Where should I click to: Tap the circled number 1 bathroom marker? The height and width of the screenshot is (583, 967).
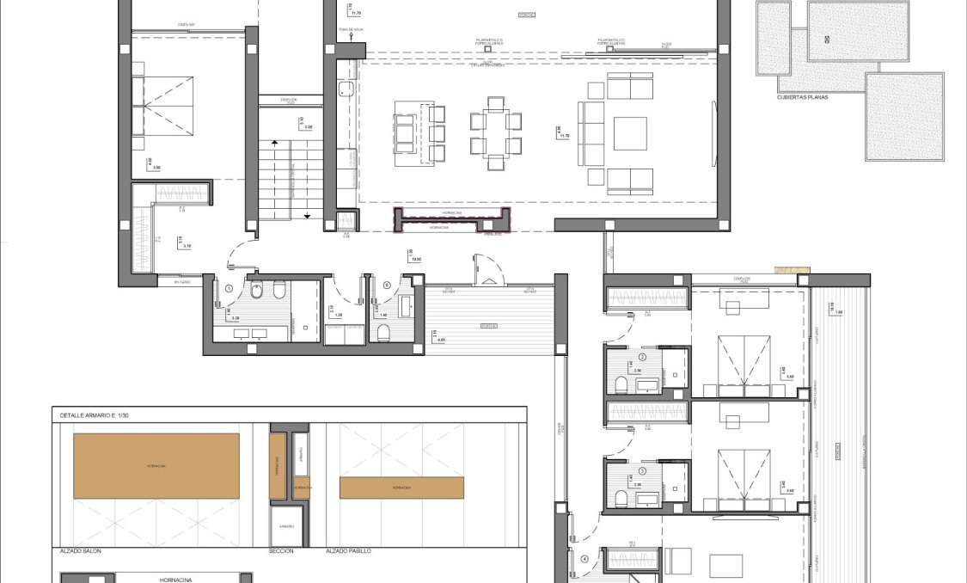pyautogui.click(x=230, y=289)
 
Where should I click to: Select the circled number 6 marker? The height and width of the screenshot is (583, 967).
pyautogui.click(x=387, y=285)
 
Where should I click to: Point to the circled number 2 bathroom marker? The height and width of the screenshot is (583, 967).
pyautogui.click(x=641, y=357)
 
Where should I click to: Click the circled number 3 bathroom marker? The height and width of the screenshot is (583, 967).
pyautogui.click(x=641, y=471)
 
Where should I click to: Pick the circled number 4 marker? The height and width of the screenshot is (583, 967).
pyautogui.click(x=585, y=559)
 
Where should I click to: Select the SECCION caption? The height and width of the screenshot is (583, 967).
pyautogui.click(x=281, y=551)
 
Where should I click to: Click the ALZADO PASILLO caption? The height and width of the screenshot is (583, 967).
pyautogui.click(x=348, y=551)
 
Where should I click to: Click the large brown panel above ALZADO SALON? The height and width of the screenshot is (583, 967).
pyautogui.click(x=156, y=466)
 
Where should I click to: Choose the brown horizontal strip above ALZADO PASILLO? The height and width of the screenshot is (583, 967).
pyautogui.click(x=401, y=488)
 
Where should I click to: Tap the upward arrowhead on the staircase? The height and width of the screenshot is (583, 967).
pyautogui.click(x=274, y=143)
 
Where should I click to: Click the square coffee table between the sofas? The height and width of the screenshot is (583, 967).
pyautogui.click(x=630, y=133)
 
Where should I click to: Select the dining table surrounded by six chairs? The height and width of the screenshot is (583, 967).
pyautogui.click(x=496, y=133)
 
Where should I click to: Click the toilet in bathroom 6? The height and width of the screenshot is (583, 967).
pyautogui.click(x=383, y=333)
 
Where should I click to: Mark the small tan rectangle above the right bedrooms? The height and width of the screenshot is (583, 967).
pyautogui.click(x=792, y=271)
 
